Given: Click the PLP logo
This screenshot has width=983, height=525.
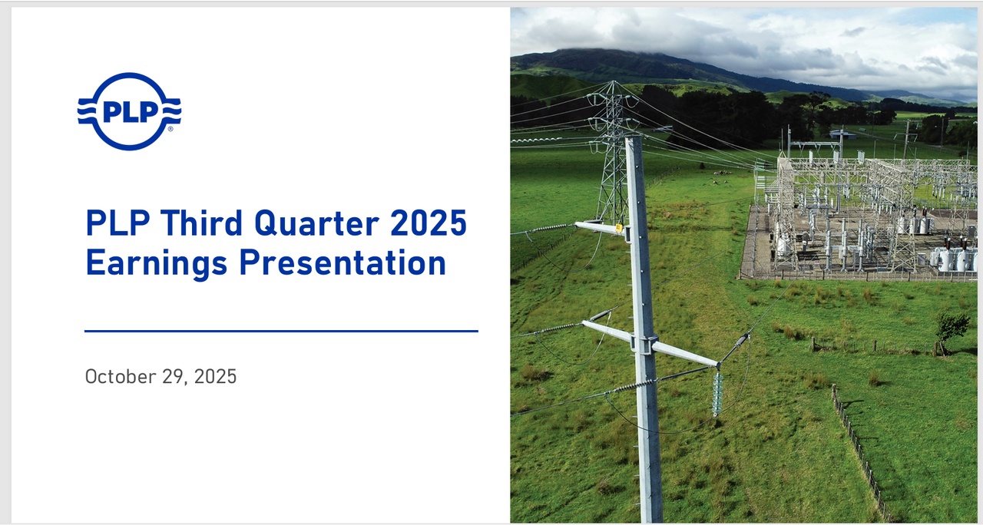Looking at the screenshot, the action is click(x=130, y=111).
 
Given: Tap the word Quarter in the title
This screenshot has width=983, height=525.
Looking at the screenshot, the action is click(x=317, y=223).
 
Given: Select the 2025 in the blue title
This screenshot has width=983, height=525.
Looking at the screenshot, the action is click(x=429, y=223).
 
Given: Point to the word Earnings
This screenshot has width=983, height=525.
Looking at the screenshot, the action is click(x=157, y=263).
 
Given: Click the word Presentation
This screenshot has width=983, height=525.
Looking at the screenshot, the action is click(x=343, y=262).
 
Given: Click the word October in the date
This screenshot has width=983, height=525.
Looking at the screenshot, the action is click(x=121, y=377).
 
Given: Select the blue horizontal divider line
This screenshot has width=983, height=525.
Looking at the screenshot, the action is click(x=281, y=331).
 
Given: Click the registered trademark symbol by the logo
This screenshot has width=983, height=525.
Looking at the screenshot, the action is click(x=170, y=129).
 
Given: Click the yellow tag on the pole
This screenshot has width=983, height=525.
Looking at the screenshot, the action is click(x=619, y=228).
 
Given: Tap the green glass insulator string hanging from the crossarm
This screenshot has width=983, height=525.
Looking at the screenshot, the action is click(x=717, y=393).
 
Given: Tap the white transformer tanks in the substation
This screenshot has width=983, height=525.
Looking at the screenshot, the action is click(x=952, y=259).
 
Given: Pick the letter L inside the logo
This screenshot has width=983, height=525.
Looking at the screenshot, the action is click(x=130, y=112).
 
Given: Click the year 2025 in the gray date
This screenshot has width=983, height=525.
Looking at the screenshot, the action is click(x=215, y=377).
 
